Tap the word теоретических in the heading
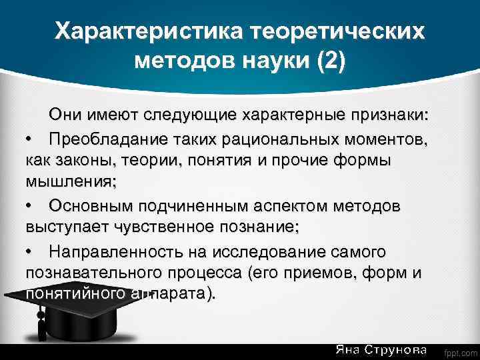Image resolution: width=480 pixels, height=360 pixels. (x=337, y=31)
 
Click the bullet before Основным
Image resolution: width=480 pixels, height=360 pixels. (x=30, y=205)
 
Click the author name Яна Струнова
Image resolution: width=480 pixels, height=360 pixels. (x=381, y=350)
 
